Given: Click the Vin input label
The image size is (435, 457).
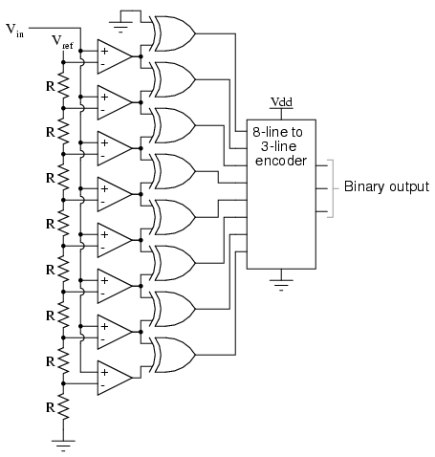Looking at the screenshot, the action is tap(15, 31).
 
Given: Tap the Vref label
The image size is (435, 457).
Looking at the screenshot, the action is tap(62, 42).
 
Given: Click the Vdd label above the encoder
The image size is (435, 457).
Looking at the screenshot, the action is tap(281, 102).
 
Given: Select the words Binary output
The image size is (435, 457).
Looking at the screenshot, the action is tap(386, 186).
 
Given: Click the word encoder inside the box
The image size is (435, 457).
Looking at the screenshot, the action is tap(281, 161).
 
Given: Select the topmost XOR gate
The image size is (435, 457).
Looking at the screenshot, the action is tap(175, 33).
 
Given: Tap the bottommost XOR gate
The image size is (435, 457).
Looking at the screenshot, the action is tap(175, 355).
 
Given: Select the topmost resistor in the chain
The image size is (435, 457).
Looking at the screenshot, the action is tap(63, 85).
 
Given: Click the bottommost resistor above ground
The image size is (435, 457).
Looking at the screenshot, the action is tap(63, 406).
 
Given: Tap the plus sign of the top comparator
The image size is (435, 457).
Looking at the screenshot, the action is tap(104, 51).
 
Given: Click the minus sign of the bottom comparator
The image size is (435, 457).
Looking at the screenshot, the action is tap(102, 385).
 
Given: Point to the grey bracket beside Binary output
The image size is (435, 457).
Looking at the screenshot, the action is tap(332, 188).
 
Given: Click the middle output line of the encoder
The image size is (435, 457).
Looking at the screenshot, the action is tap(321, 188).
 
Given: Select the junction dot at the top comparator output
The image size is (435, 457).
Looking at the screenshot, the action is tap(141, 56).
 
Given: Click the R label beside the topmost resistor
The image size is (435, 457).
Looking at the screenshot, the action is tap(51, 86).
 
